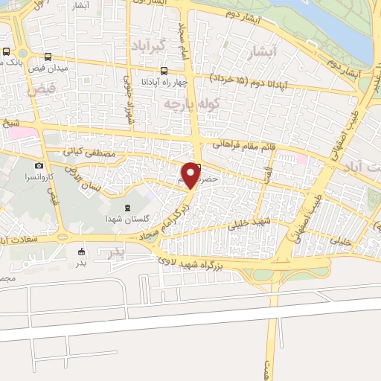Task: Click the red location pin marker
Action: click(191, 175)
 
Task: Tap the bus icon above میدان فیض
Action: click(48, 57)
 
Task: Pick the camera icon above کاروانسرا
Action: click(39, 165)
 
